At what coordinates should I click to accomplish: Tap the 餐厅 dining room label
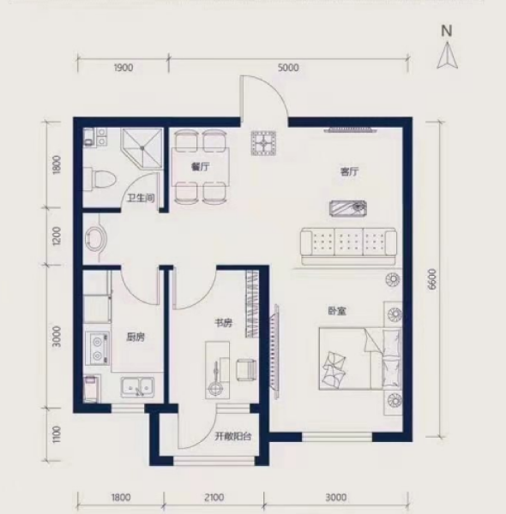click(202, 169)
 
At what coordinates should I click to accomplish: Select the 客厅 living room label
click(347, 172)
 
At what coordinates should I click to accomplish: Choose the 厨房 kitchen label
click(135, 337)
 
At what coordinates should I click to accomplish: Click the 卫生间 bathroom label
click(141, 198)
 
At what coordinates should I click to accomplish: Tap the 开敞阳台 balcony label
click(232, 437)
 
